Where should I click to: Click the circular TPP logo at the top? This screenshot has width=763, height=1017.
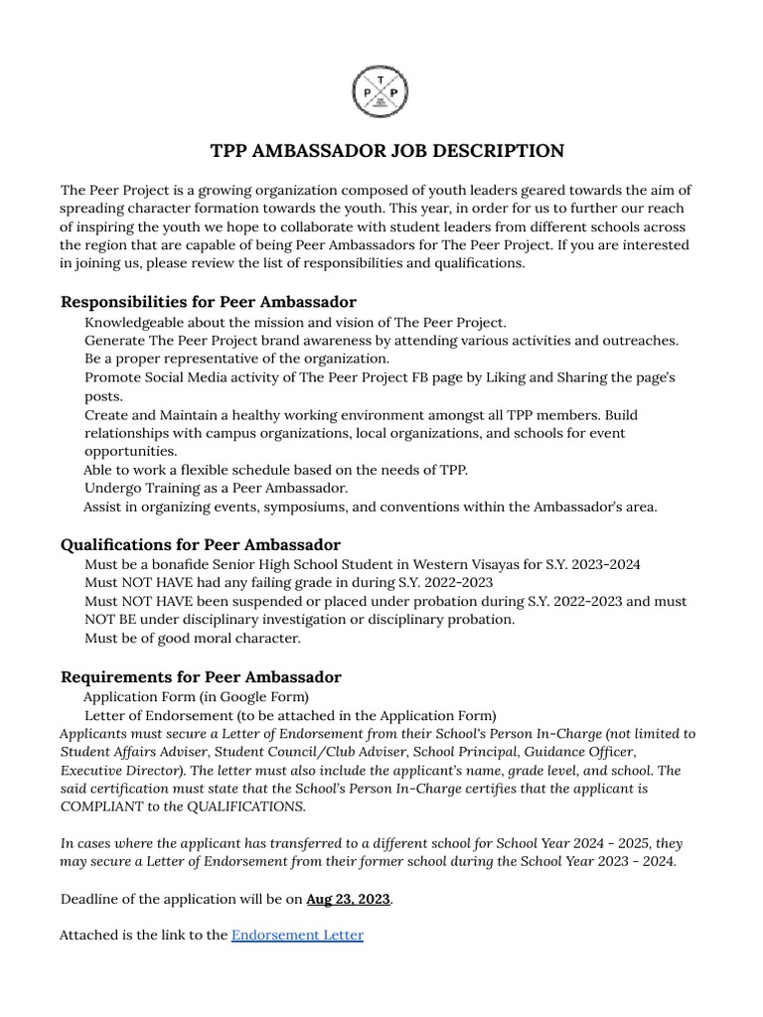coord(381,93)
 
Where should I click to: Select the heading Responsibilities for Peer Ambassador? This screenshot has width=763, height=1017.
coord(209,301)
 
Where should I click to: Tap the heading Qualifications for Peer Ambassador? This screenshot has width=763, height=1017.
coord(201,544)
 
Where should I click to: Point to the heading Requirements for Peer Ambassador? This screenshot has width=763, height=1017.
coord(201,676)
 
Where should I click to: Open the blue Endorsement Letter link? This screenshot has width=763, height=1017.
coord(297,935)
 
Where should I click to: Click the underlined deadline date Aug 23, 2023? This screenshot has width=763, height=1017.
coord(348,899)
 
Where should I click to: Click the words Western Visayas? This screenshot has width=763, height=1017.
coord(458,564)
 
